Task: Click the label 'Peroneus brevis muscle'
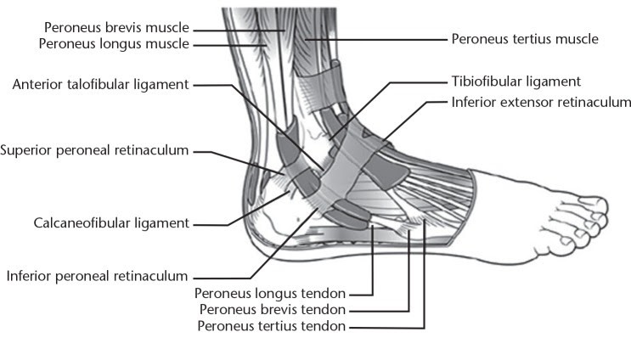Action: [x=116, y=28]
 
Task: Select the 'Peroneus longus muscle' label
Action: [x=114, y=44]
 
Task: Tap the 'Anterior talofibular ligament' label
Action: [x=100, y=84]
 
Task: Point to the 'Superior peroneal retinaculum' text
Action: [x=94, y=150]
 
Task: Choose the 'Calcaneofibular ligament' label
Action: [x=111, y=223]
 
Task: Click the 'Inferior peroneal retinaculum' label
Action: [x=98, y=276]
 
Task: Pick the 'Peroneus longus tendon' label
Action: [x=270, y=294]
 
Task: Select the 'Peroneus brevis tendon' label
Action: [x=273, y=310]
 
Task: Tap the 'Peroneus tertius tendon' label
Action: [x=271, y=326]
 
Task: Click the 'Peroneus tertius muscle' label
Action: [x=525, y=39]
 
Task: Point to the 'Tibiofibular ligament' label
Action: [x=516, y=82]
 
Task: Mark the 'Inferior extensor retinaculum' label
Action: [x=541, y=102]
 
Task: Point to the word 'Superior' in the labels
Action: [x=26, y=150]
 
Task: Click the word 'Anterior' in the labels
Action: [x=37, y=84]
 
